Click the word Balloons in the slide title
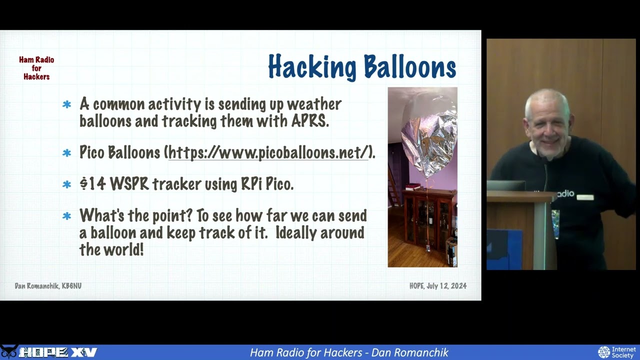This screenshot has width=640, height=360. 409,67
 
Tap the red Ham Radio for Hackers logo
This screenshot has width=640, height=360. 36,68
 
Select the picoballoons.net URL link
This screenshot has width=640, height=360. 268,152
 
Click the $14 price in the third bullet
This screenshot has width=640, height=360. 92,184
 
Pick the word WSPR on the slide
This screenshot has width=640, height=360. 129,184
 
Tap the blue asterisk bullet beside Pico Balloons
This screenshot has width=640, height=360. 67,153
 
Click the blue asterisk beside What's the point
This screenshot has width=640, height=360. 67,216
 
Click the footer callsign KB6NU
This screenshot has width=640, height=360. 71,286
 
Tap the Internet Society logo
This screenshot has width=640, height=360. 617,352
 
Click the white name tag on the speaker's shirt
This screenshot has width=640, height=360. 584,197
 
